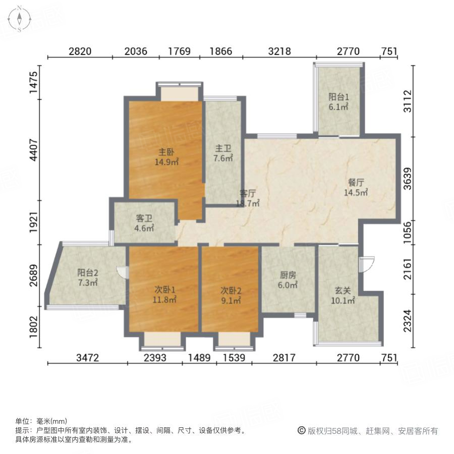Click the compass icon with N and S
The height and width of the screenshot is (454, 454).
point(19,19)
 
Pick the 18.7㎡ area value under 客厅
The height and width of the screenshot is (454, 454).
point(248,203)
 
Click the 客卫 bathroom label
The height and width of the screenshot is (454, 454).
point(144,218)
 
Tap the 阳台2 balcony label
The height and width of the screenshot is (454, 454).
point(88,272)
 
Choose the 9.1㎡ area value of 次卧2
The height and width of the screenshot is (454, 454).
point(231,300)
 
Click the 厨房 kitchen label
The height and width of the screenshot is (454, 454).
point(288,275)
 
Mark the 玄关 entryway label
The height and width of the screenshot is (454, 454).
point(343,291)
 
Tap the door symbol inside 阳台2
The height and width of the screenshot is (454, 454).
point(121,272)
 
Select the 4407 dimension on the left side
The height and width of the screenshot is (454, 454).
point(34,150)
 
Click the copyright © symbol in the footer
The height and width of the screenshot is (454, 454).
point(301,431)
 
